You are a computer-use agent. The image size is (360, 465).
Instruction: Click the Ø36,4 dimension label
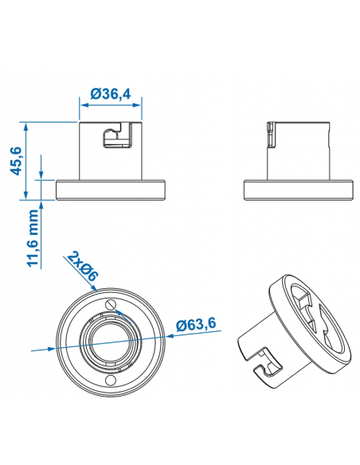click(111, 93)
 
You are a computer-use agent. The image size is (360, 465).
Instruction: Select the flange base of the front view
click(111, 190)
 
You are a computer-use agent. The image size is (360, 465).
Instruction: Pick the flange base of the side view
click(298, 190)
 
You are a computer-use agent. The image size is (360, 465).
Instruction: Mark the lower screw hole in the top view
click(111, 381)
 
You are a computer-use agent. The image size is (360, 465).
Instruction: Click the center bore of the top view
click(111, 342)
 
